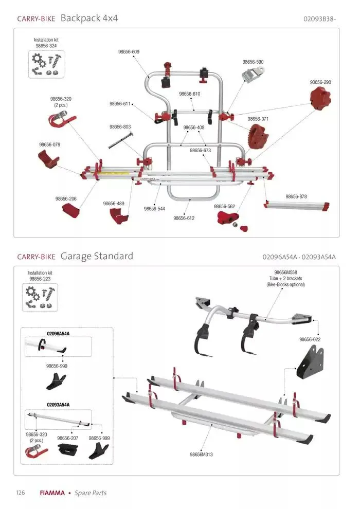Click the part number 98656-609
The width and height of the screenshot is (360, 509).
129,52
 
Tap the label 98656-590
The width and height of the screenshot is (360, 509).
253,62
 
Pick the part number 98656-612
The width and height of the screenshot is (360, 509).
184,218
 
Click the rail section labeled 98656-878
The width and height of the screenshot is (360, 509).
297,206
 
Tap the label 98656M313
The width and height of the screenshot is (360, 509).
202,454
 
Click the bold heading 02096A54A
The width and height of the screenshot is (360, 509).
58,334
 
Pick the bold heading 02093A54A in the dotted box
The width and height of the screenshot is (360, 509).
58,405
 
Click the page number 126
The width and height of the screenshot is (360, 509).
21,493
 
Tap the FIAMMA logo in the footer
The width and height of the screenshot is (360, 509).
52,493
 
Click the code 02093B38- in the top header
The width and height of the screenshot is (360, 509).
320,19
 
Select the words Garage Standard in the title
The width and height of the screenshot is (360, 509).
97,256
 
